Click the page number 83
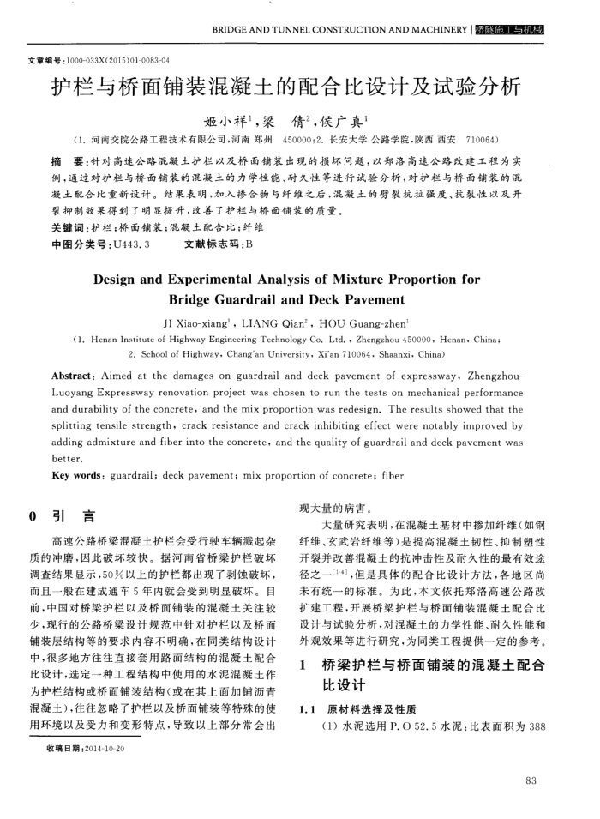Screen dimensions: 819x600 (528, 780)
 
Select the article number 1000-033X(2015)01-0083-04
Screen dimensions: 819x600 (121, 61)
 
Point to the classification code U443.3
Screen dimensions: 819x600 (132, 244)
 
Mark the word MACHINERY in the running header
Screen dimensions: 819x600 (432, 30)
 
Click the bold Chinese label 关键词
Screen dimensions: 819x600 (69, 229)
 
